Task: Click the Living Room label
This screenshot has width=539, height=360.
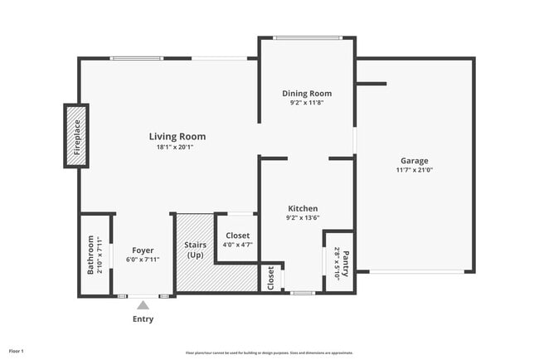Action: [x=177, y=137]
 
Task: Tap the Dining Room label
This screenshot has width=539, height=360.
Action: [x=307, y=94]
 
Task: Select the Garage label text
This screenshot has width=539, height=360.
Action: [x=415, y=160]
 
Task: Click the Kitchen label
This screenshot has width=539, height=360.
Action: [x=303, y=208]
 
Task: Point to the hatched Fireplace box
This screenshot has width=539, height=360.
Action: [x=76, y=137]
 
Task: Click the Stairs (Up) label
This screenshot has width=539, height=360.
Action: [x=196, y=250]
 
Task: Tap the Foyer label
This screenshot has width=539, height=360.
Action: [x=143, y=250]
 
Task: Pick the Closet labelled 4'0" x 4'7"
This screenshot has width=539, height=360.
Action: [x=237, y=236]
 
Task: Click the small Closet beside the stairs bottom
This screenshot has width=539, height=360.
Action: [x=270, y=278]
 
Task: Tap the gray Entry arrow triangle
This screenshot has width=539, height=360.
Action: [x=143, y=305]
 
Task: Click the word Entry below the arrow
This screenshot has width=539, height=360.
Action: [x=143, y=319]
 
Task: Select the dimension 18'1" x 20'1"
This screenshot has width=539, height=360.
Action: [x=177, y=148]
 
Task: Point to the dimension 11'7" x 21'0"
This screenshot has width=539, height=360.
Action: [x=415, y=170]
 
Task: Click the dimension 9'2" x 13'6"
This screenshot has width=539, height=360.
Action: [x=303, y=218]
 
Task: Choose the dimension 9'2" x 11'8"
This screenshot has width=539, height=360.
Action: [x=307, y=104]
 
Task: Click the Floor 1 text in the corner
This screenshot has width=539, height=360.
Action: [x=17, y=352]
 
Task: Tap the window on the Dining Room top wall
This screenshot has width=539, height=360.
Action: [x=308, y=37]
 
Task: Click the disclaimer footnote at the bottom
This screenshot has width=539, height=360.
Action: [x=269, y=353]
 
